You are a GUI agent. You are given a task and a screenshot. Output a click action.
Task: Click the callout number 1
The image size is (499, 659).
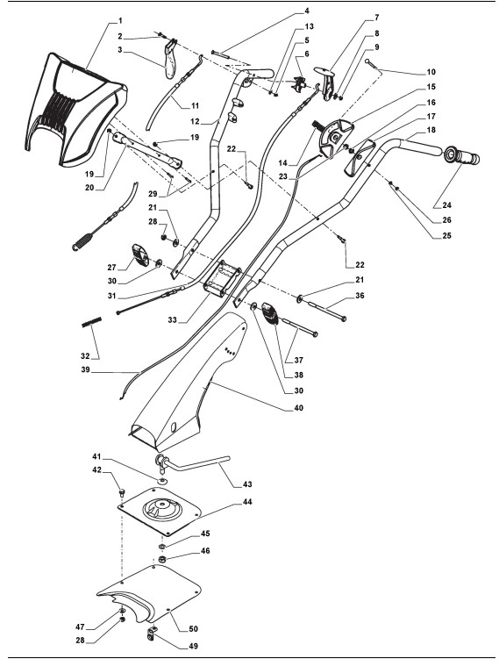pos(120,20)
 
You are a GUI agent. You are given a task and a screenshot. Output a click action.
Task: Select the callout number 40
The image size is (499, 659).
pos(298,408)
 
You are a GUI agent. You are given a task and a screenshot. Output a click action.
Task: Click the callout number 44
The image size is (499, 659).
pos(247,502)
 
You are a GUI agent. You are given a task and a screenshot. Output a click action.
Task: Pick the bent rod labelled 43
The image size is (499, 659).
pos(192,462)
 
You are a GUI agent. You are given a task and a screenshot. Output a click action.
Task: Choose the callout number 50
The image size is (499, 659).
pos(193,629)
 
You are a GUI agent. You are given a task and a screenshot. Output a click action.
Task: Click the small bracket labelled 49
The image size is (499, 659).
pos(152,633)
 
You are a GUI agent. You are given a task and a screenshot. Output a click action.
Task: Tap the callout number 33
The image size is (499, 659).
pos(172,319)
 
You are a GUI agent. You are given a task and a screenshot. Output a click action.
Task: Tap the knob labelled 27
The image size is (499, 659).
pos(139,254)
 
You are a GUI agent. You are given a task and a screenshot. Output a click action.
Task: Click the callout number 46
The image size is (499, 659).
pos(205,550)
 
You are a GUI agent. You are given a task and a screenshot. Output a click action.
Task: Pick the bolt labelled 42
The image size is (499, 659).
pos(122,491)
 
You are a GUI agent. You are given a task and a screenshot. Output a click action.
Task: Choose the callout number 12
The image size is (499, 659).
pos(195,122)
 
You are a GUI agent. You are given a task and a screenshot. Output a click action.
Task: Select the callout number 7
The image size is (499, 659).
pos(376,18)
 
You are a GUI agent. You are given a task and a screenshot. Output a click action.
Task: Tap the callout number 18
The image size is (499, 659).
pos(431,130)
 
